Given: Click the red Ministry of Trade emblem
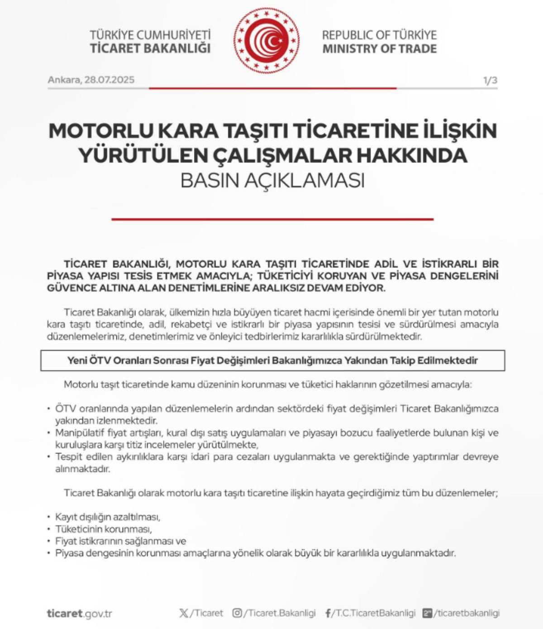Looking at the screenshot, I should click(x=267, y=41).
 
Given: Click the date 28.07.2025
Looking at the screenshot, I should click(x=110, y=80).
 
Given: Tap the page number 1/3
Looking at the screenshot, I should click(x=490, y=81).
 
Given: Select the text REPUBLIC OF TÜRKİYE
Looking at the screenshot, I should click(x=379, y=35).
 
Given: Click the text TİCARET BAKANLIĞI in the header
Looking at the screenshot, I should click(x=150, y=48).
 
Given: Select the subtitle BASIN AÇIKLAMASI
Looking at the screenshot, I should click(x=272, y=180).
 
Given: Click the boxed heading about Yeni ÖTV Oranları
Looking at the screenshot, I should click(x=272, y=360).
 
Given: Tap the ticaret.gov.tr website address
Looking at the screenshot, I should click(x=79, y=614).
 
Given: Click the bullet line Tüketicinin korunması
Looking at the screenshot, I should click(x=103, y=529).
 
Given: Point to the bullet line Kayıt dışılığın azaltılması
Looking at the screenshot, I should click(x=108, y=517).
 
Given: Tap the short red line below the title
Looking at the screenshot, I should click(x=272, y=219).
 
